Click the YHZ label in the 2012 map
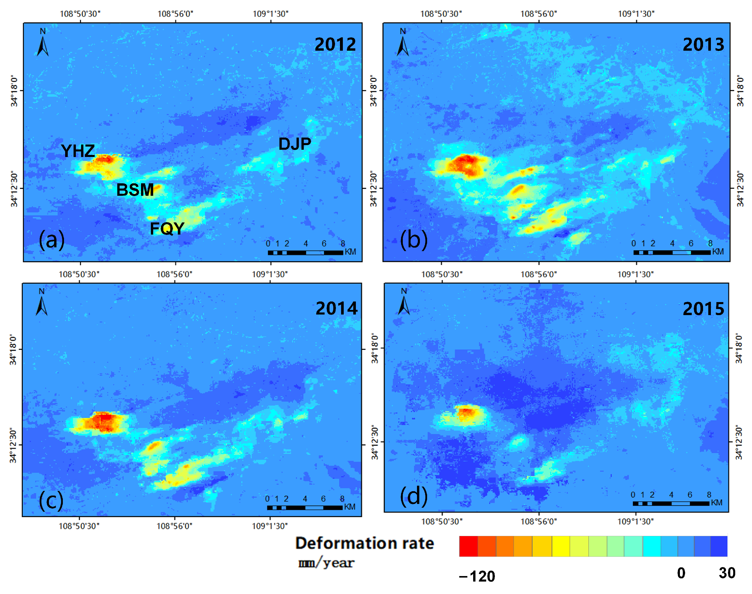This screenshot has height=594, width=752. point(78,151)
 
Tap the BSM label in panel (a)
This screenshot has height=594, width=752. point(135,190)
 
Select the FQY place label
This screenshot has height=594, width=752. point(167,229)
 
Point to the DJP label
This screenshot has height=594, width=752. point(295,144)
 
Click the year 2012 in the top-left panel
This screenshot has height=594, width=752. point(335,45)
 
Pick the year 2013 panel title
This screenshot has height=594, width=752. point(703,45)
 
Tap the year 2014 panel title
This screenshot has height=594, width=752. point(336,308)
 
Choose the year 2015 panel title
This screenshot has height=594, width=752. point(703,309)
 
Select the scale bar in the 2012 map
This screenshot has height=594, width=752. point(305,253)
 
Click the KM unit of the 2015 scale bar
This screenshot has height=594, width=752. point(717,502)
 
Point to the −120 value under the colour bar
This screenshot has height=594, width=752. point(477,577)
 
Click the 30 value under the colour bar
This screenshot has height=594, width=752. point(727,573)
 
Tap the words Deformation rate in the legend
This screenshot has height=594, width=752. point(364,544)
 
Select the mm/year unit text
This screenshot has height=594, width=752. point(326,563)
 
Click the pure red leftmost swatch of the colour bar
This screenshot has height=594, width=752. point(468,546)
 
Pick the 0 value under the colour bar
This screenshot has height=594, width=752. point(681,573)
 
